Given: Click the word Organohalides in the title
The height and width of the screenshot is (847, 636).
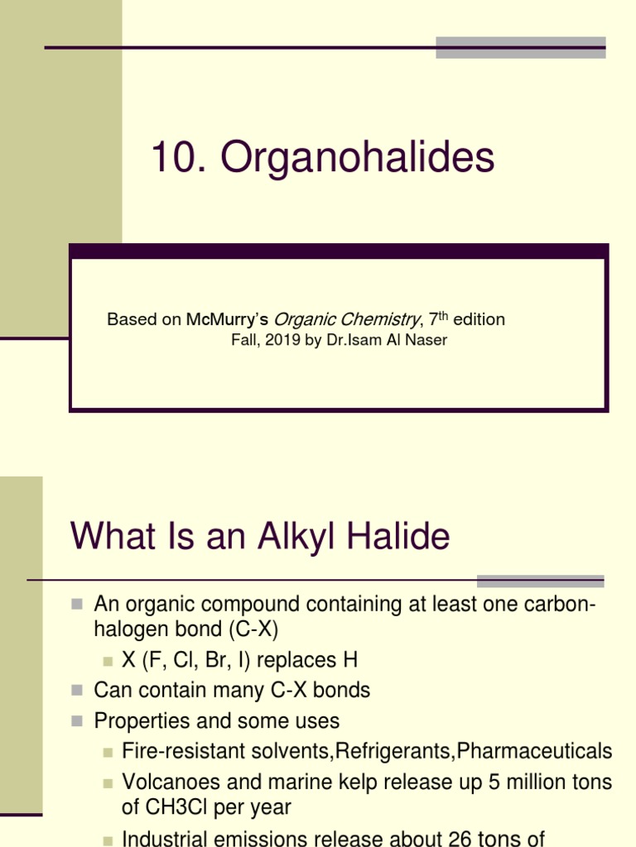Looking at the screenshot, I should click(358, 158).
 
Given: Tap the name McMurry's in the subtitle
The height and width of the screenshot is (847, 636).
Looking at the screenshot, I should click(227, 320).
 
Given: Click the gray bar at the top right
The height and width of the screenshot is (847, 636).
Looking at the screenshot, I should click(520, 47).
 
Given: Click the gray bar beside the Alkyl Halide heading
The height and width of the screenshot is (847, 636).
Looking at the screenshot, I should click(540, 581).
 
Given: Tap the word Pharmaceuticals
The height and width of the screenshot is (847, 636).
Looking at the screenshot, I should click(535, 751).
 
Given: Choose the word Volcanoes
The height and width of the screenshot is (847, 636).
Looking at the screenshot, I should click(167, 782).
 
